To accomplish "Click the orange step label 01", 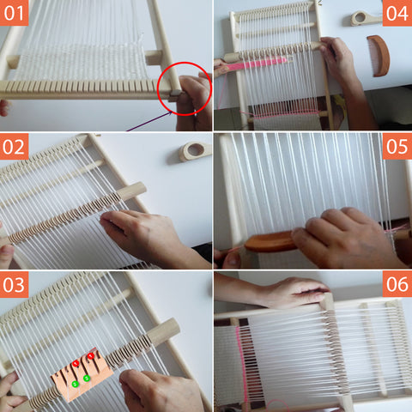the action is [14, 13].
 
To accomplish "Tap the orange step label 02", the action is [14, 146].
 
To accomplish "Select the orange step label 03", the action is [14, 284].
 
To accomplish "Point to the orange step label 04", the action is [397, 13].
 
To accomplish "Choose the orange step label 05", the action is [397, 146].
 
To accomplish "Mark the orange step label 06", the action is [397, 284].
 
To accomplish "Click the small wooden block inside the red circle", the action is [175, 93].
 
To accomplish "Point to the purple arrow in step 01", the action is [149, 122].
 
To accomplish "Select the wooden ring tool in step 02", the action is [195, 151].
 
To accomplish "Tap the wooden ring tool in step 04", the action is [367, 18].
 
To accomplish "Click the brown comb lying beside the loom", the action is [379, 56].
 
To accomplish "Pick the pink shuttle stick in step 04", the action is [256, 64].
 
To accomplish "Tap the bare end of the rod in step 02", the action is [133, 191].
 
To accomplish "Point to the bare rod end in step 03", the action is [164, 332].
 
